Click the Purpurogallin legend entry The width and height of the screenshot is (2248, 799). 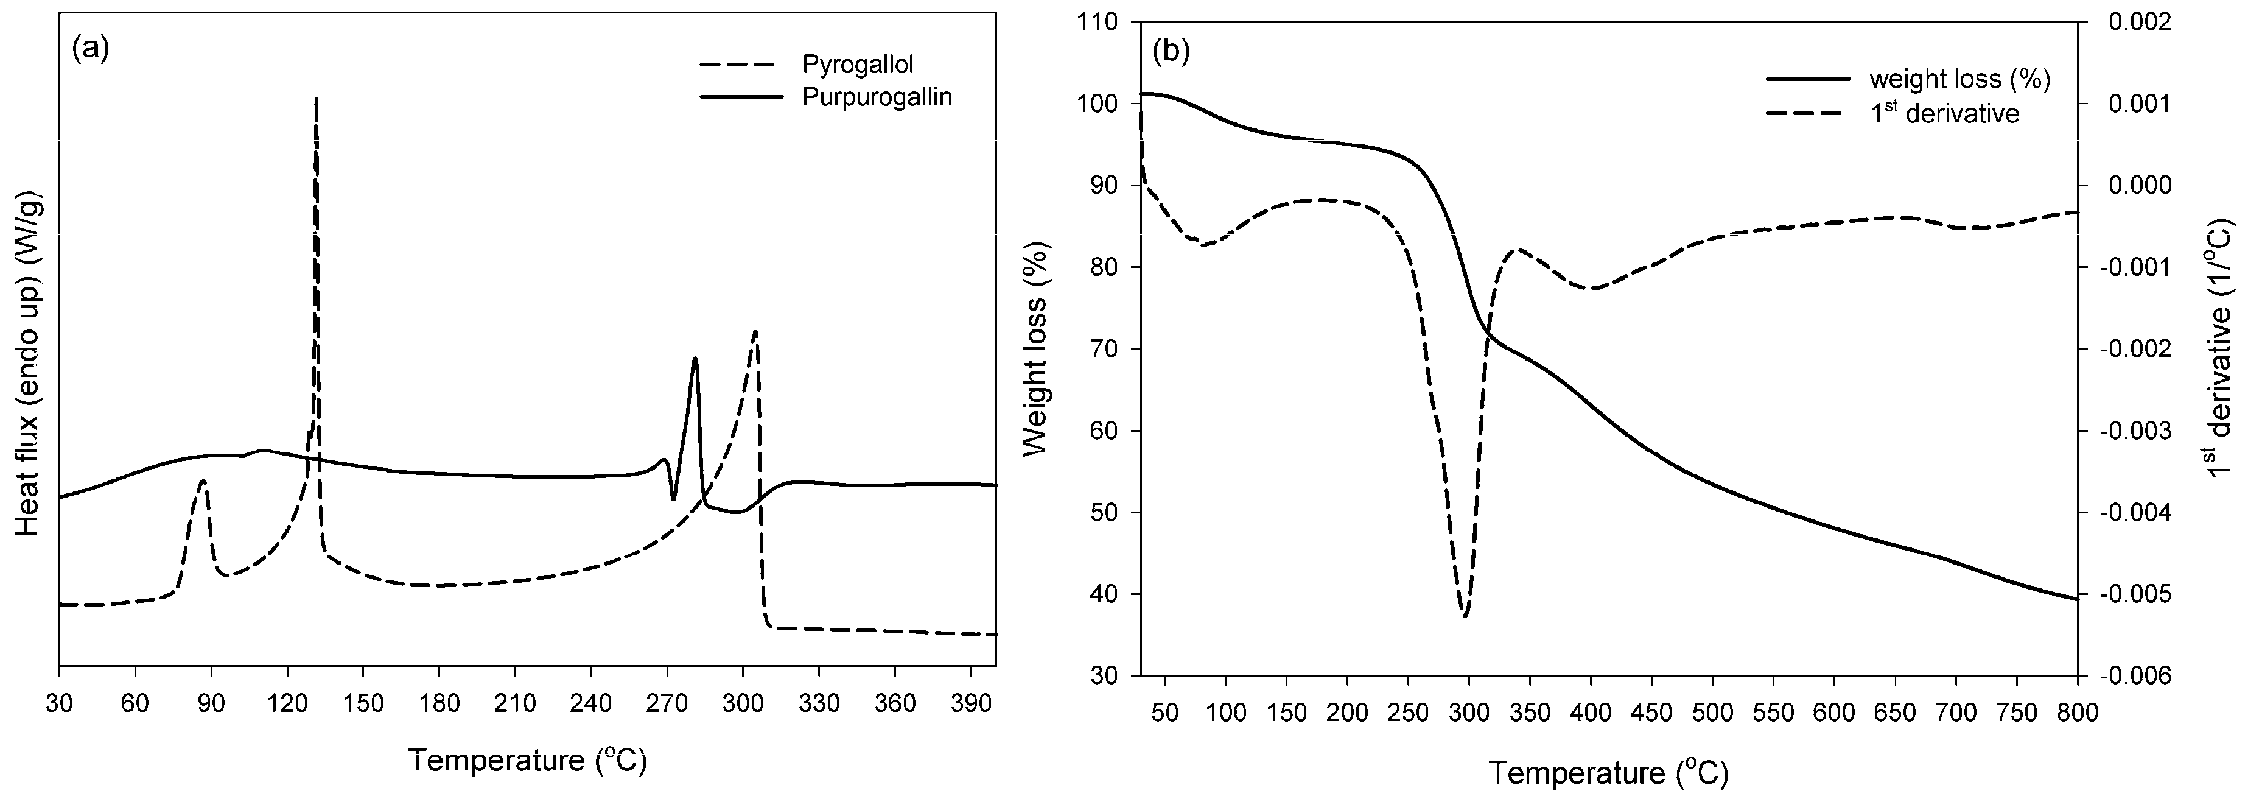click(876, 97)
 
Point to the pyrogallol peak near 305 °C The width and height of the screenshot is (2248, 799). click(755, 332)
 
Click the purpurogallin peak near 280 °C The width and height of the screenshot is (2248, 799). click(695, 358)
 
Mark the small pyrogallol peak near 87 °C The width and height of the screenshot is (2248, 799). click(203, 481)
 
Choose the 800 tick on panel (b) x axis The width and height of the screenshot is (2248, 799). click(2077, 713)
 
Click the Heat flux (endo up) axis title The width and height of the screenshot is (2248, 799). click(28, 362)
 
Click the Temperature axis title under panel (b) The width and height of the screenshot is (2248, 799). click(1608, 773)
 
